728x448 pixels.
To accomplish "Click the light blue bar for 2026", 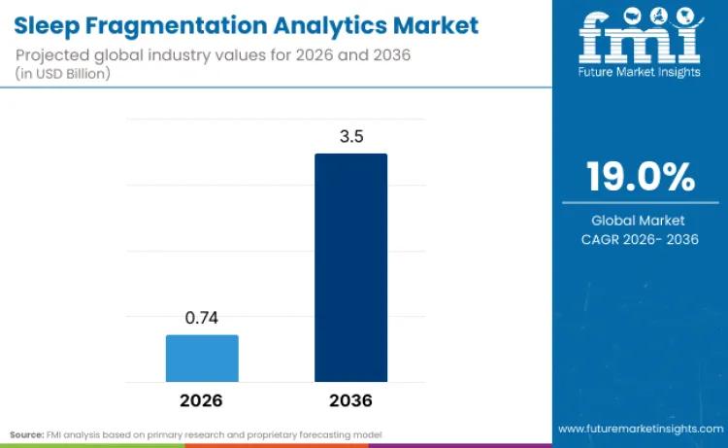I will pyautogui.click(x=202, y=358).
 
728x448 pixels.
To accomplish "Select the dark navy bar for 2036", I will pyautogui.click(x=350, y=267).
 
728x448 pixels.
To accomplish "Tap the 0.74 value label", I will pyautogui.click(x=202, y=319).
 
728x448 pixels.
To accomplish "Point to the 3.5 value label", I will pyautogui.click(x=351, y=137).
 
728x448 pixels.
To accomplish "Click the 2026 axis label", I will pyautogui.click(x=201, y=400).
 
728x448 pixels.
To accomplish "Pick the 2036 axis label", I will pyautogui.click(x=350, y=400).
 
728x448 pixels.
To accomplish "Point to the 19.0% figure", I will pyautogui.click(x=640, y=179).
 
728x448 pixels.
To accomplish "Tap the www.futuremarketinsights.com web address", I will pyautogui.click(x=640, y=429).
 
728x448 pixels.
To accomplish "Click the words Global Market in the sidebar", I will pyautogui.click(x=640, y=221).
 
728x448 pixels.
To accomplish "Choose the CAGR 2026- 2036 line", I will pyautogui.click(x=640, y=239).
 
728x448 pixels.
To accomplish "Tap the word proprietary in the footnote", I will pyautogui.click(x=277, y=432).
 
